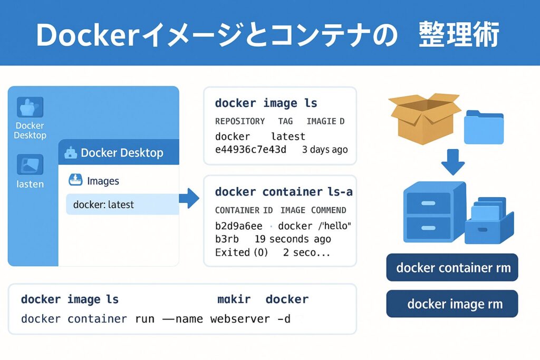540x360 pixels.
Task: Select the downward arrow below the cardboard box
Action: click(x=452, y=162)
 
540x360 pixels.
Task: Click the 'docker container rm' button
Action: click(x=452, y=268)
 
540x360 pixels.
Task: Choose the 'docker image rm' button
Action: click(x=452, y=304)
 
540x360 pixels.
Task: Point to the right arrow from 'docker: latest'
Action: click(x=189, y=199)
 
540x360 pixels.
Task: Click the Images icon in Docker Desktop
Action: click(x=76, y=181)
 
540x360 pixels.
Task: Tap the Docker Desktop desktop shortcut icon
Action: click(x=30, y=108)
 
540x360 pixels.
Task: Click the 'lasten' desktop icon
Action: click(x=30, y=164)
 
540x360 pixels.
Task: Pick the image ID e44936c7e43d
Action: click(x=250, y=150)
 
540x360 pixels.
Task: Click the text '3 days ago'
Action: click(x=325, y=150)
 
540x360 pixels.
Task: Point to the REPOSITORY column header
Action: click(x=240, y=121)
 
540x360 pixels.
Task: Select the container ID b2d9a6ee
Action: click(x=238, y=226)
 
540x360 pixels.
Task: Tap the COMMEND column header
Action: click(x=329, y=210)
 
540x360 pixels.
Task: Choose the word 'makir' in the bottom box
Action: click(x=234, y=299)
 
